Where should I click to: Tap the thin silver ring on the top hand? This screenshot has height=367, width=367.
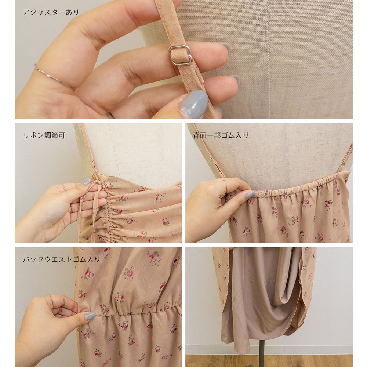(x=54, y=77)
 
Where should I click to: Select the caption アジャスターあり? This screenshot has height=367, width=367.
(x=51, y=12)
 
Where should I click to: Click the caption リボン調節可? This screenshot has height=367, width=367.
(x=44, y=135)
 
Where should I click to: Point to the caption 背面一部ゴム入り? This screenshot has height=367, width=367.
(x=221, y=135)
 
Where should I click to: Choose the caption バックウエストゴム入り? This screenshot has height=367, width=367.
(x=62, y=259)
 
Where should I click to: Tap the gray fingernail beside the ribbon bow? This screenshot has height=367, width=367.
(x=86, y=182)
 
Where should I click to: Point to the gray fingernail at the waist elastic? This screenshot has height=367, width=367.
(x=90, y=316)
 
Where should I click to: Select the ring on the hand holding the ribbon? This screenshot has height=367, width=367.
(x=71, y=208)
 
